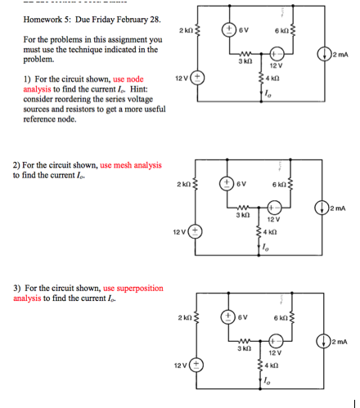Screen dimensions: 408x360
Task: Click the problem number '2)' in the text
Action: (16, 165)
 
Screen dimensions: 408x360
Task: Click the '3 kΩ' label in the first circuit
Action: (244, 62)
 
